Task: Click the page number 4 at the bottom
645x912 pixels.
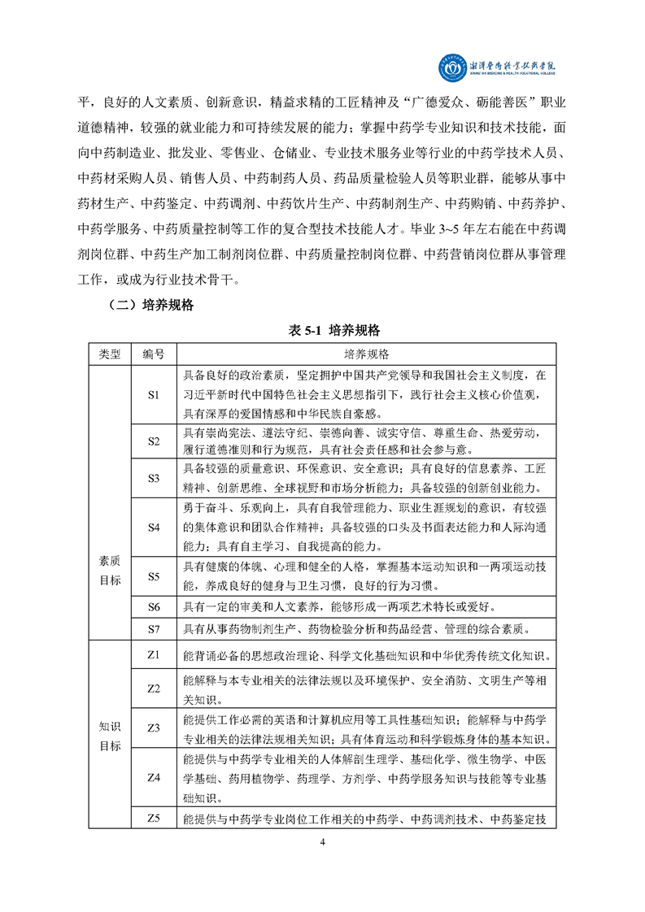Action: [323, 841]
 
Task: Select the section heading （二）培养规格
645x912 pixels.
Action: [150, 306]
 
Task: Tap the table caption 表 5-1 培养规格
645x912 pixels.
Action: [323, 331]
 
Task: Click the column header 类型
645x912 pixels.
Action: [110, 354]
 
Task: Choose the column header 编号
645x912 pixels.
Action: [154, 354]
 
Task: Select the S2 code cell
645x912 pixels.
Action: [154, 441]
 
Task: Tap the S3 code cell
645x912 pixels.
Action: [154, 479]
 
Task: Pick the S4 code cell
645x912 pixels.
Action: [154, 527]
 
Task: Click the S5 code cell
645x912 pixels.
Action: [154, 576]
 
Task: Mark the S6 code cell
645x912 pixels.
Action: [154, 607]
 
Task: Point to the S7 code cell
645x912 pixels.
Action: [154, 628]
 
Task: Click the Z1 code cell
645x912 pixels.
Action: [154, 654]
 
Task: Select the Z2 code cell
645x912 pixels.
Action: [154, 688]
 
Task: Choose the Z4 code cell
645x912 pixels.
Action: [154, 778]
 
